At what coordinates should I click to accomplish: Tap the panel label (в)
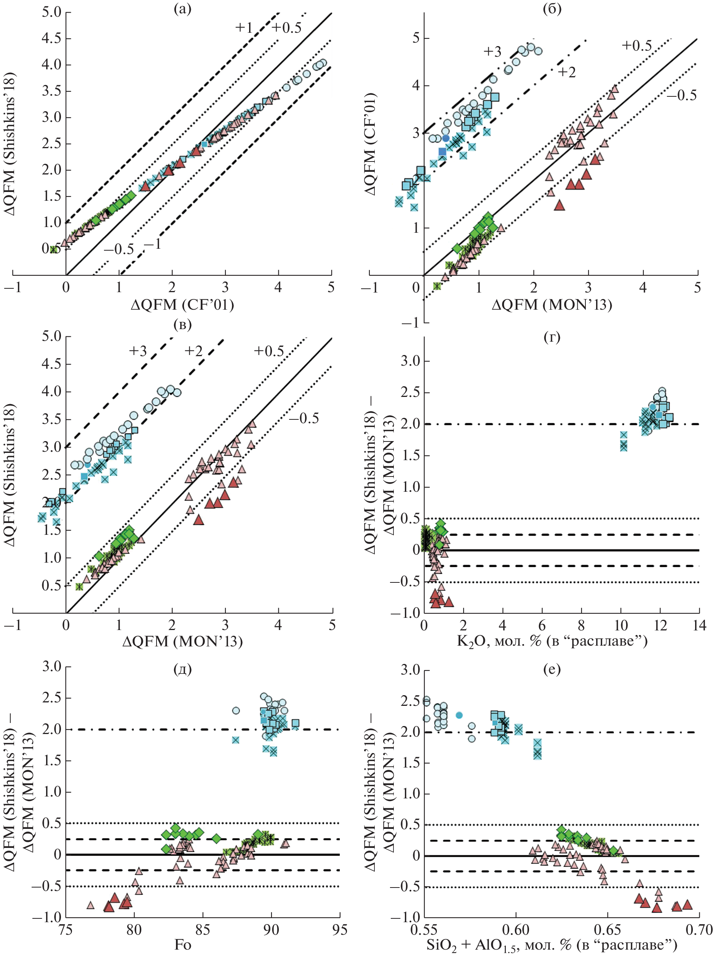[x=182, y=324]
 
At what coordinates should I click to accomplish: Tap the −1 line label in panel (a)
[x=152, y=245]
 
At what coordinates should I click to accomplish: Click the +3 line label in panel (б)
[x=492, y=51]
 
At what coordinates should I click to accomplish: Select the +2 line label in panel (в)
[x=193, y=351]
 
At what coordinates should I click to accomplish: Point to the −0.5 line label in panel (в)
[x=304, y=418]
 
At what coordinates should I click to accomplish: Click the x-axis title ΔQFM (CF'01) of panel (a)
[x=182, y=305]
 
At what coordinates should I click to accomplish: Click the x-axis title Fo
[x=182, y=945]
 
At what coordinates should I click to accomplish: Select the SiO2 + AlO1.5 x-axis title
[x=552, y=945]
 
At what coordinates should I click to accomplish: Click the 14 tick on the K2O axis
[x=699, y=625]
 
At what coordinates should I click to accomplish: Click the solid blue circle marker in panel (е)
[x=459, y=715]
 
